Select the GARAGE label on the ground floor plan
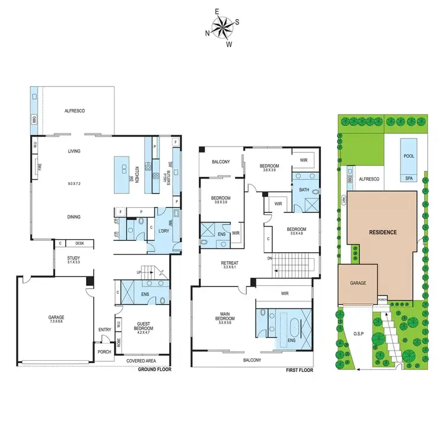point(57,318)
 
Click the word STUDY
point(74,258)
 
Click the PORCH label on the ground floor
point(104,352)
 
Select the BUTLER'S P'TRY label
point(170,173)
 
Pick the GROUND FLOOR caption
point(155,370)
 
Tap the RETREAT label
point(225,264)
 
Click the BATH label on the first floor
point(304,190)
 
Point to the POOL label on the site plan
point(409,156)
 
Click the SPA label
point(409,177)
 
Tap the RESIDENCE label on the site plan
point(383,232)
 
